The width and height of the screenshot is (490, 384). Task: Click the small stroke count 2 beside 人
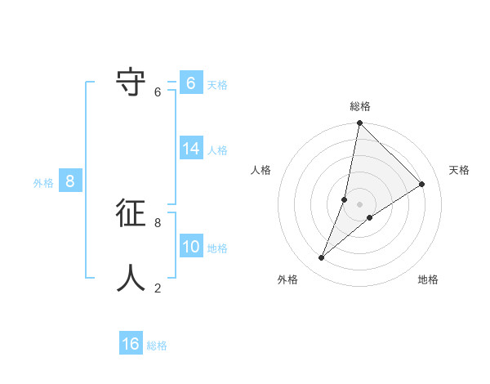point(158,288)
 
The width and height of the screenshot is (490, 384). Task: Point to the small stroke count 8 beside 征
point(158,222)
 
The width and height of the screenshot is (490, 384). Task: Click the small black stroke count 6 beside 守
point(158,92)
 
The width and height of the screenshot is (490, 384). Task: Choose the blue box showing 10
point(191,247)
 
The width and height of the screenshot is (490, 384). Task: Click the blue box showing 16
point(131,344)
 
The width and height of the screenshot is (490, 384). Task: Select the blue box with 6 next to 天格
point(191,83)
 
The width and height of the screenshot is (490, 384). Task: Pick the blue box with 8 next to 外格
point(70,181)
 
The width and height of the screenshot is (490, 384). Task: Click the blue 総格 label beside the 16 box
point(157,346)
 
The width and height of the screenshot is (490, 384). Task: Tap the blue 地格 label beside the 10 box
point(217,248)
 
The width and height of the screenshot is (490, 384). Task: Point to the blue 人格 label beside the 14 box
point(217,150)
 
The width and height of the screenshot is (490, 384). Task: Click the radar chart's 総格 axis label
point(360,106)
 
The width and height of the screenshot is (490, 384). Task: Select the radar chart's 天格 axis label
point(459,170)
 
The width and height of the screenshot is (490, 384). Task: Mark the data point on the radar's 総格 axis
point(360,123)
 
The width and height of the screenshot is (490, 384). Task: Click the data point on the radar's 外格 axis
point(322,258)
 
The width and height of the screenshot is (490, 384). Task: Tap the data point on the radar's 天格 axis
point(422,185)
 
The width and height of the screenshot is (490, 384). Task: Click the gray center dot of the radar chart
point(360,204)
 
